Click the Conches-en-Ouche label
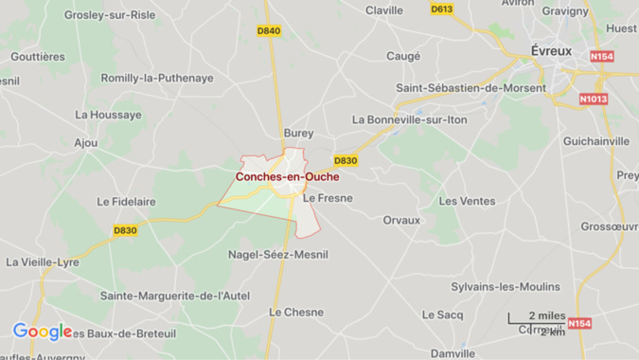click(x=287, y=176)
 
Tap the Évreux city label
click(x=549, y=50)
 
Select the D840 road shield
click(x=269, y=31)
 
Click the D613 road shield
click(x=441, y=9)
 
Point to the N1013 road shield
click(x=594, y=98)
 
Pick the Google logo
click(x=42, y=332)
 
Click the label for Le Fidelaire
click(x=126, y=202)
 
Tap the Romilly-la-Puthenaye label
click(x=157, y=78)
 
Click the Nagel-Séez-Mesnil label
click(x=279, y=254)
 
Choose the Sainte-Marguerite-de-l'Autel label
click(x=175, y=296)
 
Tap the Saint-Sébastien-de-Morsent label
click(x=470, y=88)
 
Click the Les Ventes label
click(x=467, y=201)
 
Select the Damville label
click(x=453, y=353)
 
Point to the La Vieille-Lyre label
click(x=44, y=261)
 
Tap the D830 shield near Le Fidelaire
click(x=125, y=230)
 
